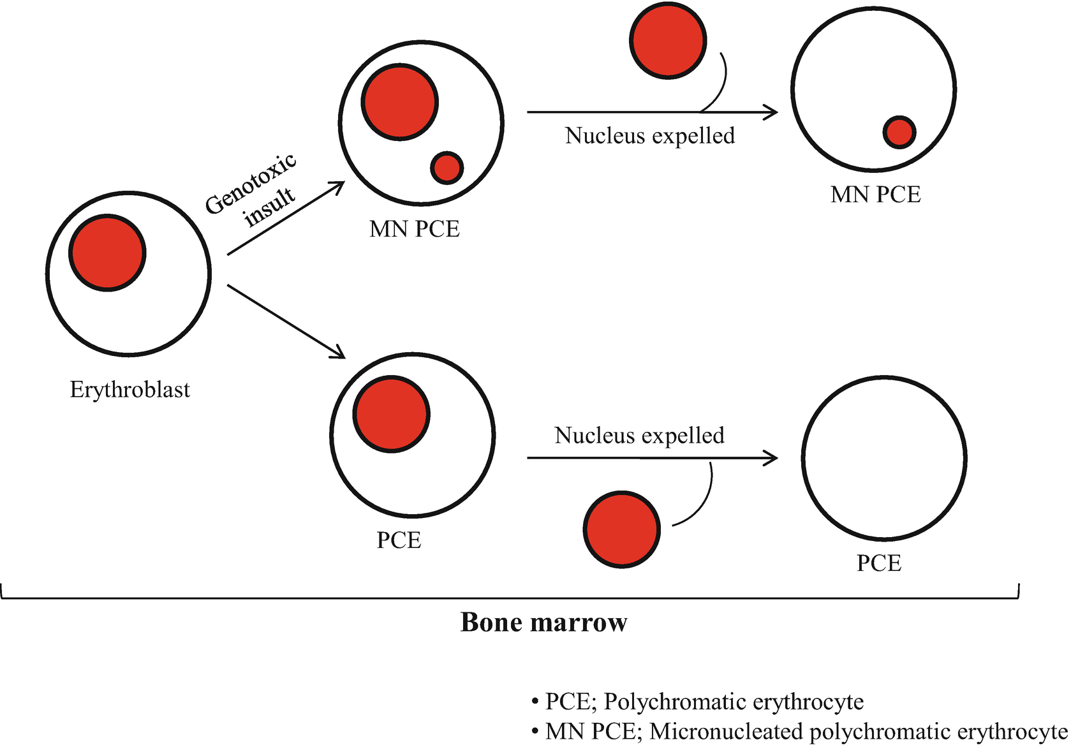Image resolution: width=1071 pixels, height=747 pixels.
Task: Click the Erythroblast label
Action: point(129,390)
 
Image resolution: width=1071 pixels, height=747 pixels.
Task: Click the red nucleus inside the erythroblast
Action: point(107,253)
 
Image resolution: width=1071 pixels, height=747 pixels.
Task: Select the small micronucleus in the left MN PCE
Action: point(447,168)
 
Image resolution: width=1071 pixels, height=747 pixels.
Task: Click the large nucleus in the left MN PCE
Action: point(400,102)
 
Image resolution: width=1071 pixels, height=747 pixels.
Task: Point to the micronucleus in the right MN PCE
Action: point(899,132)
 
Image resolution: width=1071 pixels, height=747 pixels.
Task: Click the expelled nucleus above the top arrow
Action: point(668,40)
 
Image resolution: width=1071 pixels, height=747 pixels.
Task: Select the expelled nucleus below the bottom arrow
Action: point(621,529)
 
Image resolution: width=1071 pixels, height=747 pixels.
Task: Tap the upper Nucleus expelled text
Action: point(649,136)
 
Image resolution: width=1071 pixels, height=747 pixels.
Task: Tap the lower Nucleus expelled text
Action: point(639,436)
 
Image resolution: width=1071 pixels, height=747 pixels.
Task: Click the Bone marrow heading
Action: point(543,623)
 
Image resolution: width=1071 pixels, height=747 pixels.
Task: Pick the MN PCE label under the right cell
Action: point(875,195)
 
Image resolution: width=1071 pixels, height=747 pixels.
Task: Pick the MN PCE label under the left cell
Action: point(414,229)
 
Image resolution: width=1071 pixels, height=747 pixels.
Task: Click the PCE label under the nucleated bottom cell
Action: point(399,541)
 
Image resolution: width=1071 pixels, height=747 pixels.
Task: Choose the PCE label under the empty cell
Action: point(878,564)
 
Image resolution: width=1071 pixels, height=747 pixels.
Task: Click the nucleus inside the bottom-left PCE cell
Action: point(391,415)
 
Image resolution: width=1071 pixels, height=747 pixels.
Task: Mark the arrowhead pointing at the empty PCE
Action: point(772,458)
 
